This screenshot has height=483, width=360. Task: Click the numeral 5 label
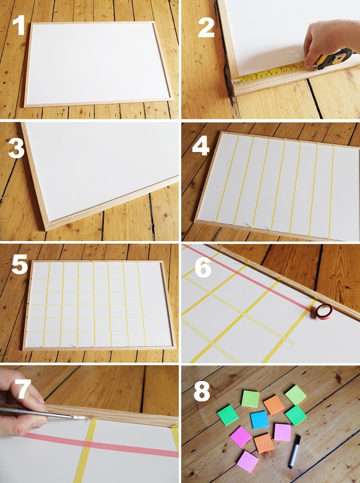[x=20, y=266]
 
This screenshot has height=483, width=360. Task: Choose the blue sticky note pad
[x=259, y=419]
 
